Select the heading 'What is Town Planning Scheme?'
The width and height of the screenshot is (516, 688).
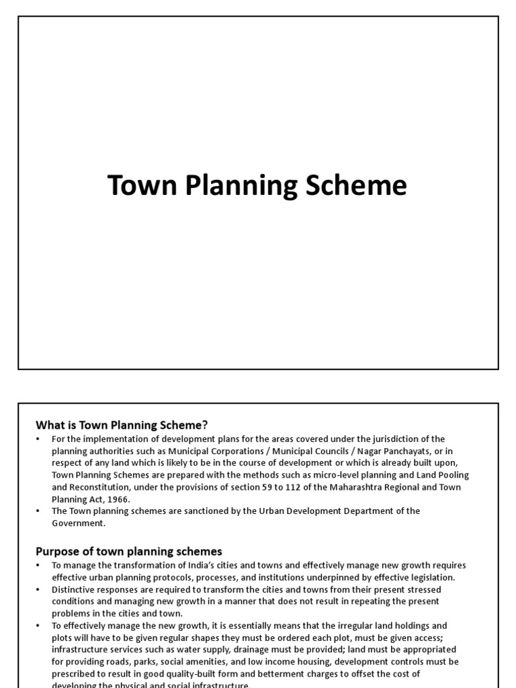[122, 425]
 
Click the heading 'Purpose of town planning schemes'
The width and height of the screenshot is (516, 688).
[128, 552]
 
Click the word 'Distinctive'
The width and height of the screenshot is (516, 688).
[74, 589]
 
